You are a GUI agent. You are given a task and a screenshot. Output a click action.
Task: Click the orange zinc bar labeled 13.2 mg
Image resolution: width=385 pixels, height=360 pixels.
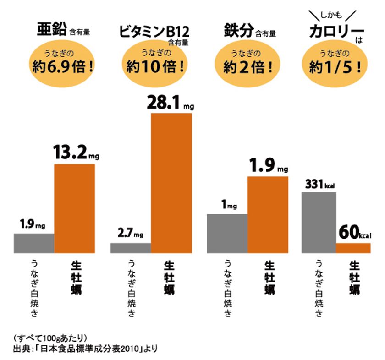coord(75,208)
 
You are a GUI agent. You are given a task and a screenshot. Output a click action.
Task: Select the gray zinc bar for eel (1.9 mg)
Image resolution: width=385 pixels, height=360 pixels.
coord(34,243)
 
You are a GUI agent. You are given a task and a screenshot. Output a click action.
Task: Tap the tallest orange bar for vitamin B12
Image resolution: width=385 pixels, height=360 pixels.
coord(171,183)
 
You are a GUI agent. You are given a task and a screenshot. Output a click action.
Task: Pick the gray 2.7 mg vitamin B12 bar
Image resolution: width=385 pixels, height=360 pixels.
coord(131,248)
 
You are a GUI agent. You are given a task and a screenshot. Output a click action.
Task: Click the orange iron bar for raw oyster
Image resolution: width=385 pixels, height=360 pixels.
coord(268,214)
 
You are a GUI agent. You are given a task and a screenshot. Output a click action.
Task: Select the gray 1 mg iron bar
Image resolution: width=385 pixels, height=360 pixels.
coord(227,233)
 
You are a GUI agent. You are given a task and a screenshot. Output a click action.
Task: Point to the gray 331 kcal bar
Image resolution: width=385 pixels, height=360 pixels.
coord(319,223)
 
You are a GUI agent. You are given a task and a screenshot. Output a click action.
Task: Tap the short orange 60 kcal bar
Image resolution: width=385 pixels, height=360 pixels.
coord(353,248)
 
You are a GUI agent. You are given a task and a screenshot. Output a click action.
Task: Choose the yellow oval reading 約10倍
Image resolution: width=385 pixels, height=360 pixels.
coord(156,65)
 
